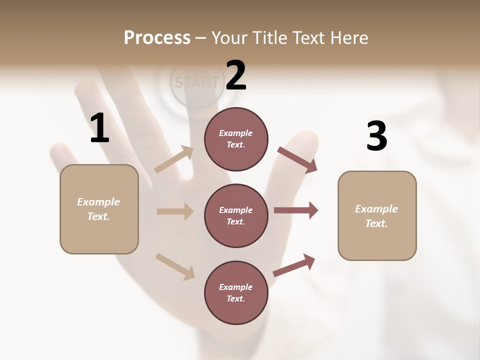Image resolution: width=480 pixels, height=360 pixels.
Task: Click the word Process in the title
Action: tap(157, 38)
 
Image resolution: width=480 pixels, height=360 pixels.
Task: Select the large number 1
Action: tap(99, 128)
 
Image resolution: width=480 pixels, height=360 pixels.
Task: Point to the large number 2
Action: tap(236, 75)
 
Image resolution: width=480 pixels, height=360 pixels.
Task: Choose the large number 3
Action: tap(377, 136)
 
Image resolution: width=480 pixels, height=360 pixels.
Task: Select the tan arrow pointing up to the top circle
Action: tap(174, 159)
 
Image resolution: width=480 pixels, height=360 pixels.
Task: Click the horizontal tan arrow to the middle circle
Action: tap(175, 211)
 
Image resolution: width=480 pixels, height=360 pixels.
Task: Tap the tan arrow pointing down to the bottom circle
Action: tap(175, 266)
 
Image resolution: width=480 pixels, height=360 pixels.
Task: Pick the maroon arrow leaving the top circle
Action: tap(297, 159)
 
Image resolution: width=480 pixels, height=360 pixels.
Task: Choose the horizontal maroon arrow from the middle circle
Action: tap(296, 210)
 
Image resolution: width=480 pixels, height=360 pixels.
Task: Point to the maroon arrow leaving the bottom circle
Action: tap(294, 265)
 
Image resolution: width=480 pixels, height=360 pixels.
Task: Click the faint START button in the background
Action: tap(196, 82)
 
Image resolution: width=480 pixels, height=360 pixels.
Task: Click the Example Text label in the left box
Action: tap(98, 209)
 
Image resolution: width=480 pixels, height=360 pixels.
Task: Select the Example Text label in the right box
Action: tap(376, 216)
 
